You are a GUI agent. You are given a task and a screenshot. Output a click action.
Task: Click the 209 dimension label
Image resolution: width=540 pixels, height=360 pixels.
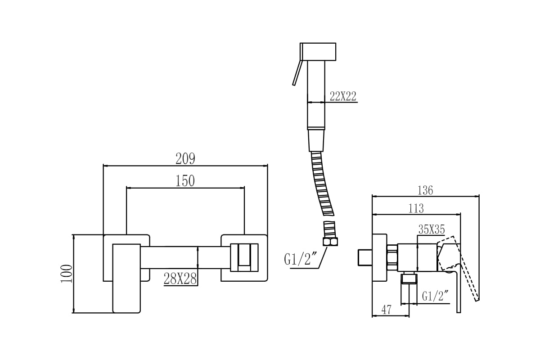[x=185, y=158]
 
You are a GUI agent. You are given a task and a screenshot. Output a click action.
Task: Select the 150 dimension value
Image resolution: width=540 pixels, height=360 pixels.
[x=185, y=181]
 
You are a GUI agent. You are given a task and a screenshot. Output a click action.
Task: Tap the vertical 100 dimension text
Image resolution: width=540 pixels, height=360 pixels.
[x=67, y=274]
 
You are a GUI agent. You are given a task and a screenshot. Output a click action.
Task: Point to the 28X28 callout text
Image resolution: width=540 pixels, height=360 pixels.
[x=180, y=279]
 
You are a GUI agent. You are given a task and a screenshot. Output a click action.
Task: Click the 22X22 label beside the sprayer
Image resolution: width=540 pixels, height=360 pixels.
[x=343, y=96]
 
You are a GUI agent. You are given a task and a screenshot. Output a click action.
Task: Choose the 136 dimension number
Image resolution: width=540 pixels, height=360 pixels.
[x=425, y=190]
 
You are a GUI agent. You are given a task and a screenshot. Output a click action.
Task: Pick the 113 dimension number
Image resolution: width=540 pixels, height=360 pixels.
[x=416, y=208]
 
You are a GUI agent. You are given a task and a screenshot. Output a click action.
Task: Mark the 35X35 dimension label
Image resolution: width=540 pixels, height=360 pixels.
[x=432, y=229]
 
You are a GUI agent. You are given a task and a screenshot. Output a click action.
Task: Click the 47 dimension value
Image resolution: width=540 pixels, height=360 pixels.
[x=387, y=310]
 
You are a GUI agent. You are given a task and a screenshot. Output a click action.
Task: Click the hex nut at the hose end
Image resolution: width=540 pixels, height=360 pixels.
[x=330, y=242]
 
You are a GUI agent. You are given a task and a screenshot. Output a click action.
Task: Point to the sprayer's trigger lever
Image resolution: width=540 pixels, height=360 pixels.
[x=297, y=72]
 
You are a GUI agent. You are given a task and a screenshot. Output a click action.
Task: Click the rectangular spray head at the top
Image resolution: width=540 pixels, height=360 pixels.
[x=318, y=52]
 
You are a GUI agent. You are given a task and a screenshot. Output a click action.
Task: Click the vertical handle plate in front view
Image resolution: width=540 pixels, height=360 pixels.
[x=126, y=279]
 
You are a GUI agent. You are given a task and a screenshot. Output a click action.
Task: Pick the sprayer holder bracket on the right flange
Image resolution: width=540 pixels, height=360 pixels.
[x=244, y=257]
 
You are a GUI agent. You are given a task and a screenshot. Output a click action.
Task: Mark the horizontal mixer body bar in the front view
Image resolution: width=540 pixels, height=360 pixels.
[x=185, y=257]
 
